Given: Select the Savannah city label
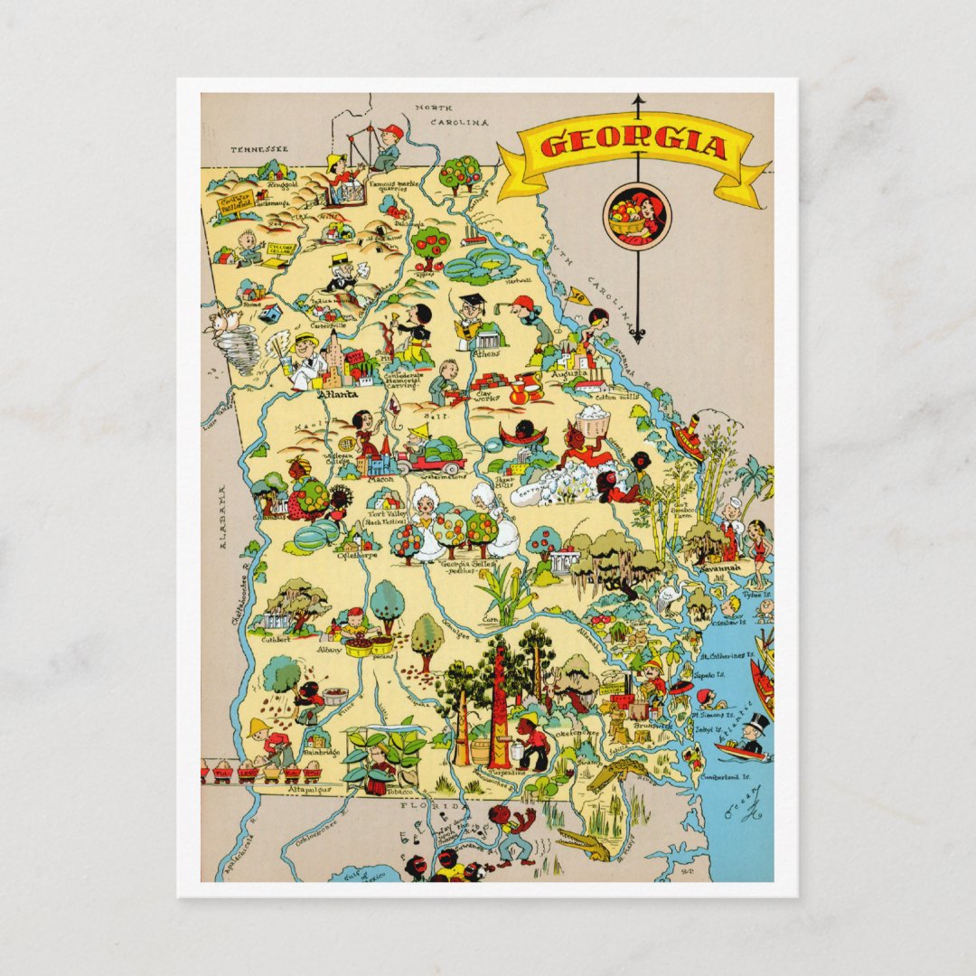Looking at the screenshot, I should pyautogui.click(x=722, y=568).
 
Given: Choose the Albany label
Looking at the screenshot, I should pyautogui.click(x=329, y=649).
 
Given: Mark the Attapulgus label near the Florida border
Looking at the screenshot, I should pyautogui.click(x=310, y=789).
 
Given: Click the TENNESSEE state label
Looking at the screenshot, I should pyautogui.click(x=258, y=149).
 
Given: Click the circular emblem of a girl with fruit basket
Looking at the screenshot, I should pyautogui.click(x=637, y=217).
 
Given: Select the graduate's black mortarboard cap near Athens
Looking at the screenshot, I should pyautogui.click(x=472, y=300).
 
